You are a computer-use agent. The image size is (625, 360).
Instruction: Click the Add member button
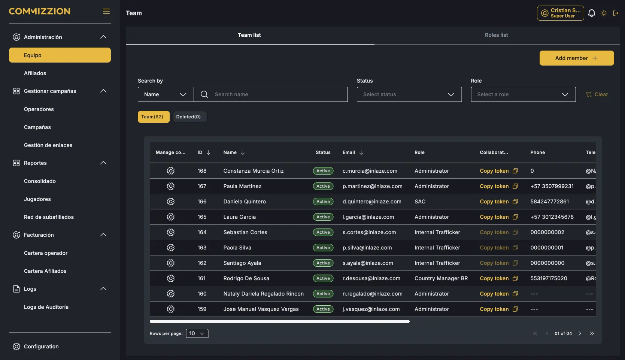[576, 58]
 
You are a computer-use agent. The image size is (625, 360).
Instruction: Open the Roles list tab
[496, 35]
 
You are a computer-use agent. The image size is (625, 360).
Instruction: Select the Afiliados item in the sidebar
[35, 73]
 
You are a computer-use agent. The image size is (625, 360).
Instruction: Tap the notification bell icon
[592, 13]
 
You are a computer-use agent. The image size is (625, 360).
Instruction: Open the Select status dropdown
[409, 94]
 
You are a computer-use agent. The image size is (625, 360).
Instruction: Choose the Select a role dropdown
[523, 94]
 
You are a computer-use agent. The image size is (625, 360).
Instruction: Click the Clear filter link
[597, 94]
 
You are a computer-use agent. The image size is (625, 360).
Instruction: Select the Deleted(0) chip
[188, 117]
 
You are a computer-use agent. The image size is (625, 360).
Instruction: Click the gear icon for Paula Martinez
[170, 186]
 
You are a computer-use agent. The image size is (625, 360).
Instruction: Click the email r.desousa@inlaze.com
[371, 278]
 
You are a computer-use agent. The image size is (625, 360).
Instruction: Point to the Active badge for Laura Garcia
[323, 217]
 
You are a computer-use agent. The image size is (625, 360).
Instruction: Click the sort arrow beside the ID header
[209, 152]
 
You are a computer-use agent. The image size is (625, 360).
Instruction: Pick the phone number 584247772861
[549, 202]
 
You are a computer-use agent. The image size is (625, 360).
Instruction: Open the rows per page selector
[197, 333]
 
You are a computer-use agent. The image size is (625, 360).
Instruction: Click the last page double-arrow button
[592, 333]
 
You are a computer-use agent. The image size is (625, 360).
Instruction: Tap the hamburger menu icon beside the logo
[106, 11]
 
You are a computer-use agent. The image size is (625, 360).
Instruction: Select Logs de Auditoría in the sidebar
[46, 307]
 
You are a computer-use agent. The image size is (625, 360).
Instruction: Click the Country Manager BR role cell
[441, 278]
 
